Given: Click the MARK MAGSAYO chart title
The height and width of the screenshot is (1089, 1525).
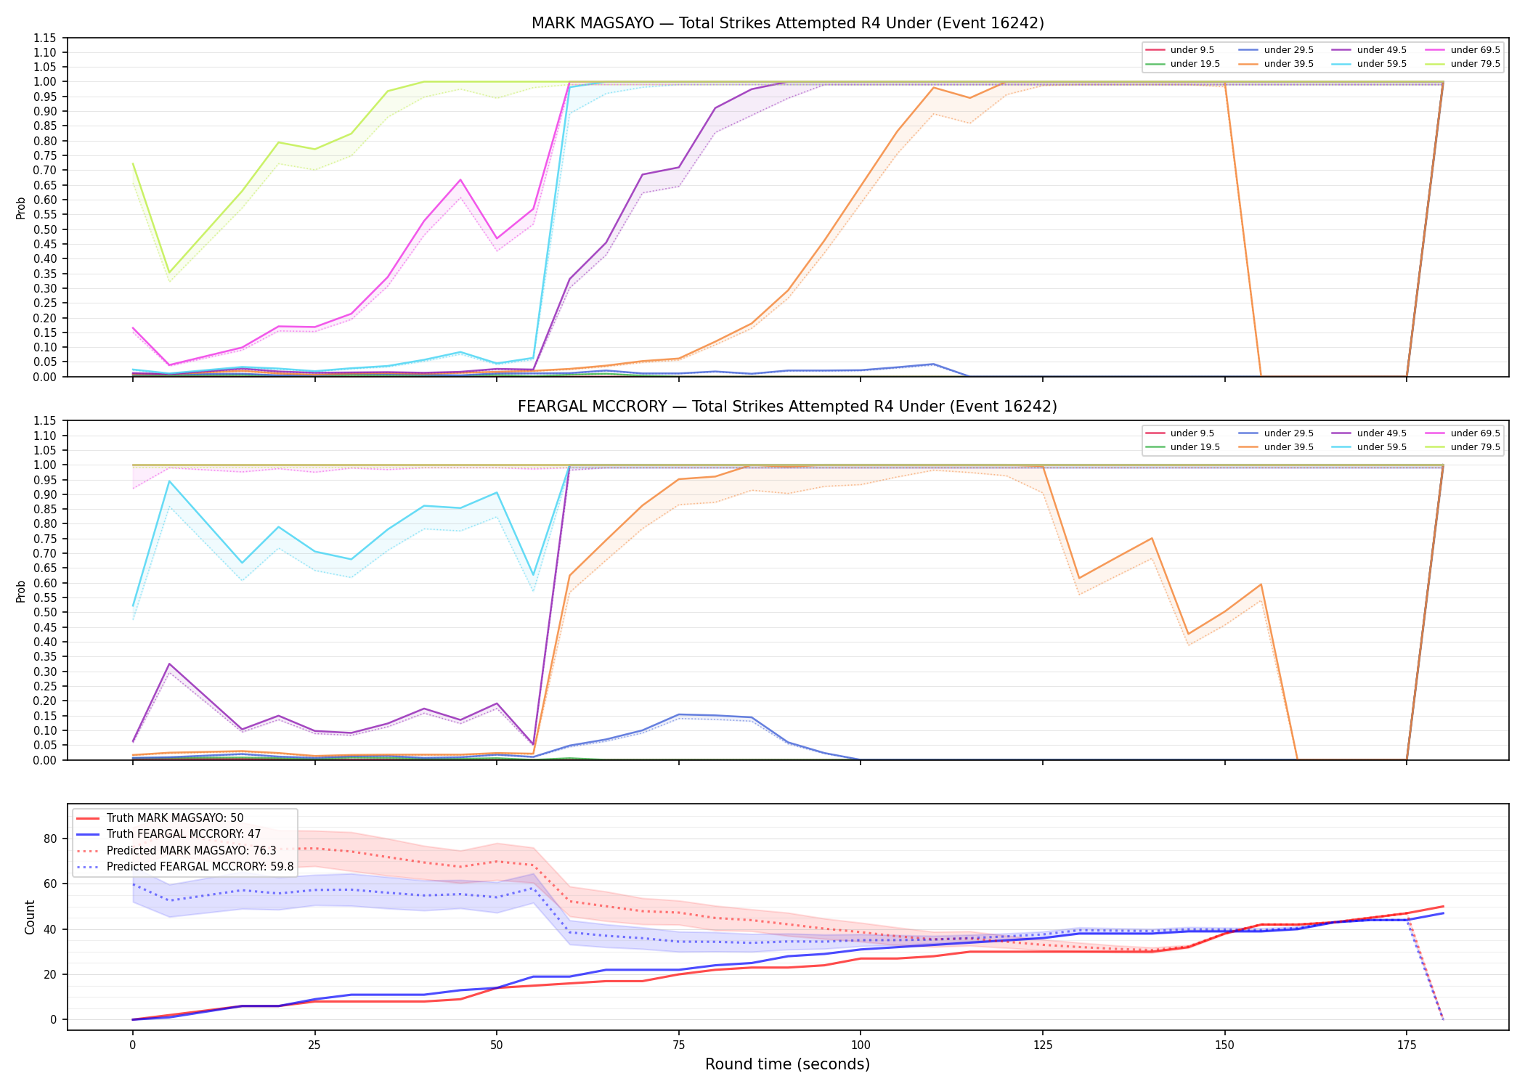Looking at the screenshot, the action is point(788,23).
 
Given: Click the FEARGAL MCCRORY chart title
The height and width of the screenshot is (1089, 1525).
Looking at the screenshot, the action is point(788,407).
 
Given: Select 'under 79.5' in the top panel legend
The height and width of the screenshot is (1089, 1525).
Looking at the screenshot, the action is point(1475,64).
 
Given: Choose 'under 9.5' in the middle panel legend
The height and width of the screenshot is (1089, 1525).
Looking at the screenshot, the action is point(1192,433).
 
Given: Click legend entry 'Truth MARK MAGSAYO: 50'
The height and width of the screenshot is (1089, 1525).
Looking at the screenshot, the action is point(175,818).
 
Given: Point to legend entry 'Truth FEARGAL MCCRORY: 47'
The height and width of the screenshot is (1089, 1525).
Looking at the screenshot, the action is point(184,834).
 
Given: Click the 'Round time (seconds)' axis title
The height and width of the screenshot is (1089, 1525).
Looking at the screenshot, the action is point(788,1065).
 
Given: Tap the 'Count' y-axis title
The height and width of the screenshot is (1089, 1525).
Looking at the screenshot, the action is point(30,917).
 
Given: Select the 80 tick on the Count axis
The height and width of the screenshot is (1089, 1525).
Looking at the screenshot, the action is point(50,839).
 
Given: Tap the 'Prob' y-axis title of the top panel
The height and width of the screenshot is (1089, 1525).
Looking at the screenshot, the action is point(21,208).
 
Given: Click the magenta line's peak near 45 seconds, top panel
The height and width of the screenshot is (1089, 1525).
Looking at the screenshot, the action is point(460,179).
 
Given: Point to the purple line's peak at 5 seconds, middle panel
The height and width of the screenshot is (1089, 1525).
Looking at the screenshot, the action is point(169,664).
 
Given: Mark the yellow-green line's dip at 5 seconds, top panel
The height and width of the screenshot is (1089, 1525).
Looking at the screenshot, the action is point(169,272).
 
